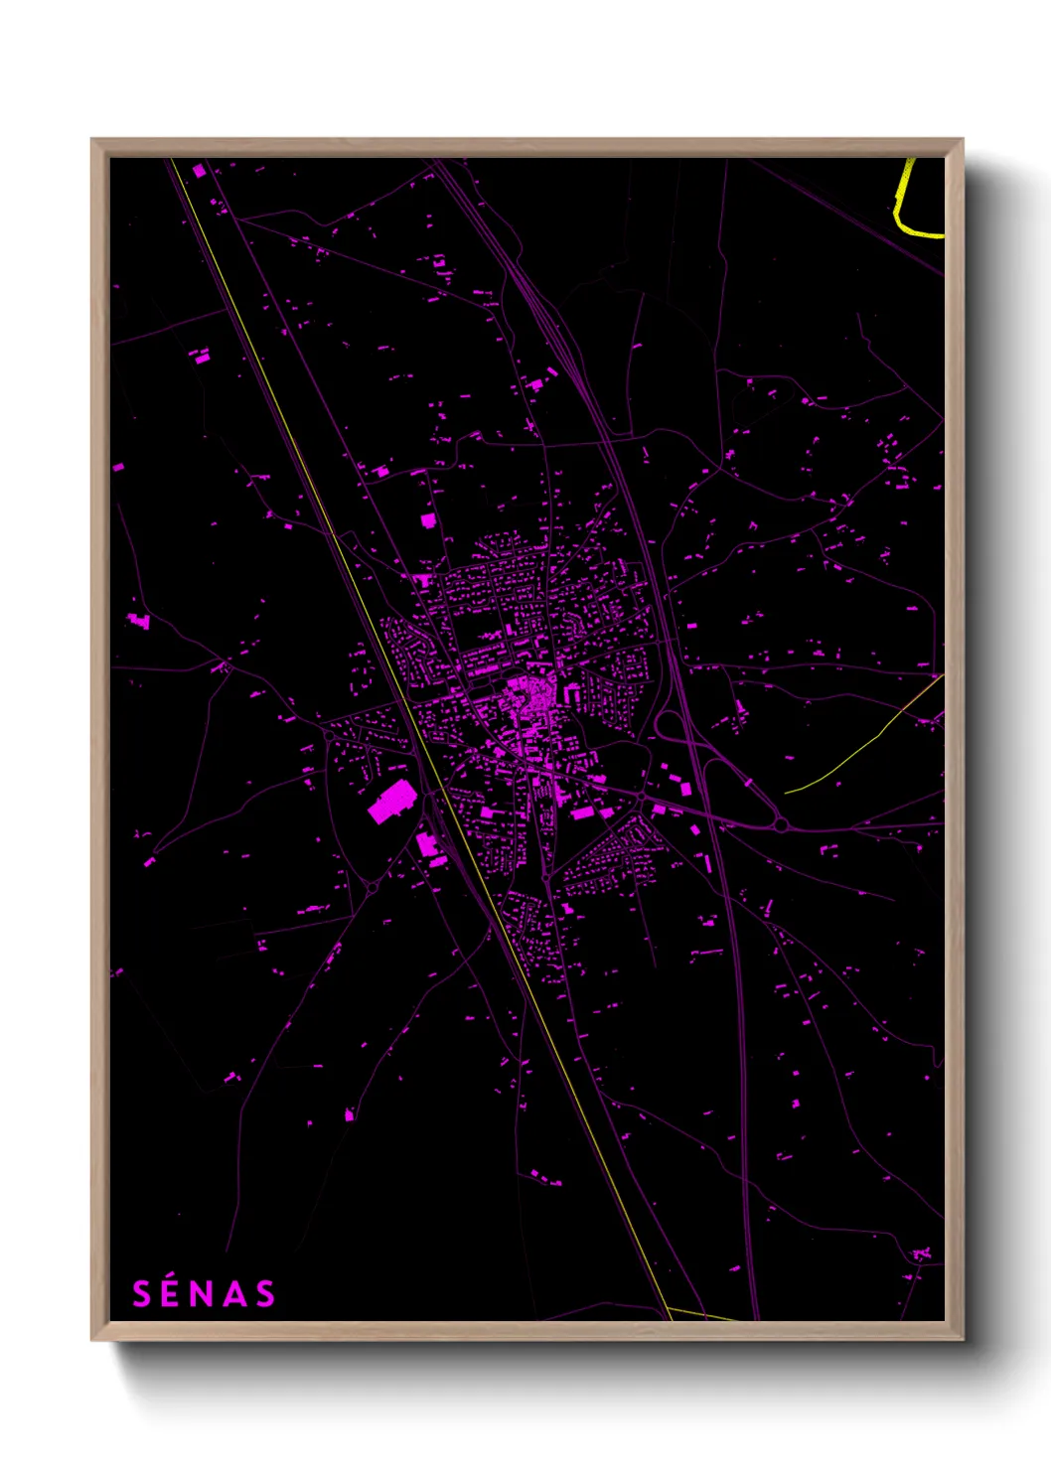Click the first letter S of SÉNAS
[x=142, y=1294]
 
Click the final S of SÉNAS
[x=264, y=1294]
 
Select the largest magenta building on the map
[x=391, y=802]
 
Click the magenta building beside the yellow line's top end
[x=199, y=172]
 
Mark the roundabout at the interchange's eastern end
[x=782, y=824]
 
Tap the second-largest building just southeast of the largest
[x=427, y=845]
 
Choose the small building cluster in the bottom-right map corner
[x=921, y=1254]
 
